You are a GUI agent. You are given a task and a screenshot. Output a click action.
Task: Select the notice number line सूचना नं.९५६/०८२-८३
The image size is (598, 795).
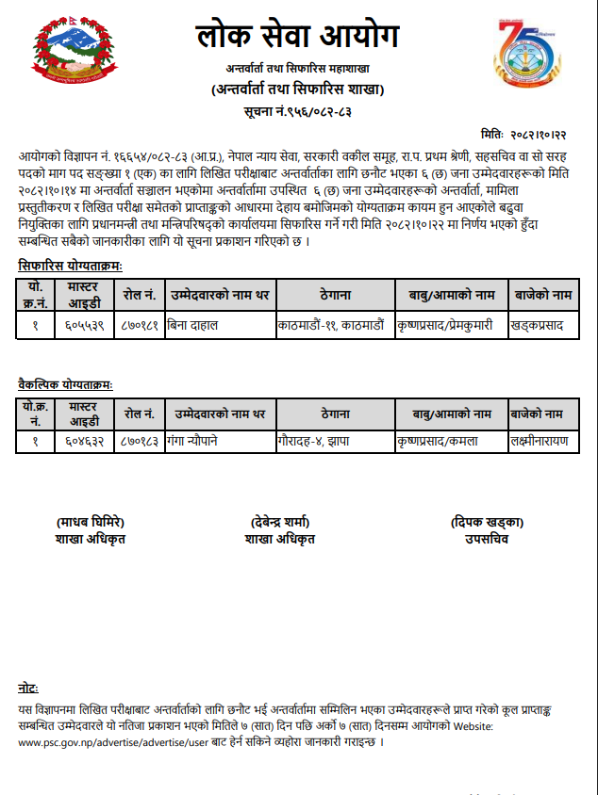point(298,111)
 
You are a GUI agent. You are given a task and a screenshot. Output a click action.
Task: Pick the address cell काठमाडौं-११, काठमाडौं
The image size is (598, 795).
point(331,323)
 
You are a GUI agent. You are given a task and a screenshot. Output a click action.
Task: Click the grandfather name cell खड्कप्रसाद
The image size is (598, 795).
point(537,323)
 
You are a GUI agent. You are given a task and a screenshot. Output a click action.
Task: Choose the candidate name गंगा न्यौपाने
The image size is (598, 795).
point(199,440)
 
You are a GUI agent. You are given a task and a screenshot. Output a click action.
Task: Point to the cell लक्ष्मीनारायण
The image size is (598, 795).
point(539,440)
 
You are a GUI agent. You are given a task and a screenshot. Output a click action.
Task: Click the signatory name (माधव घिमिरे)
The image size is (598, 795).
point(91,523)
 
